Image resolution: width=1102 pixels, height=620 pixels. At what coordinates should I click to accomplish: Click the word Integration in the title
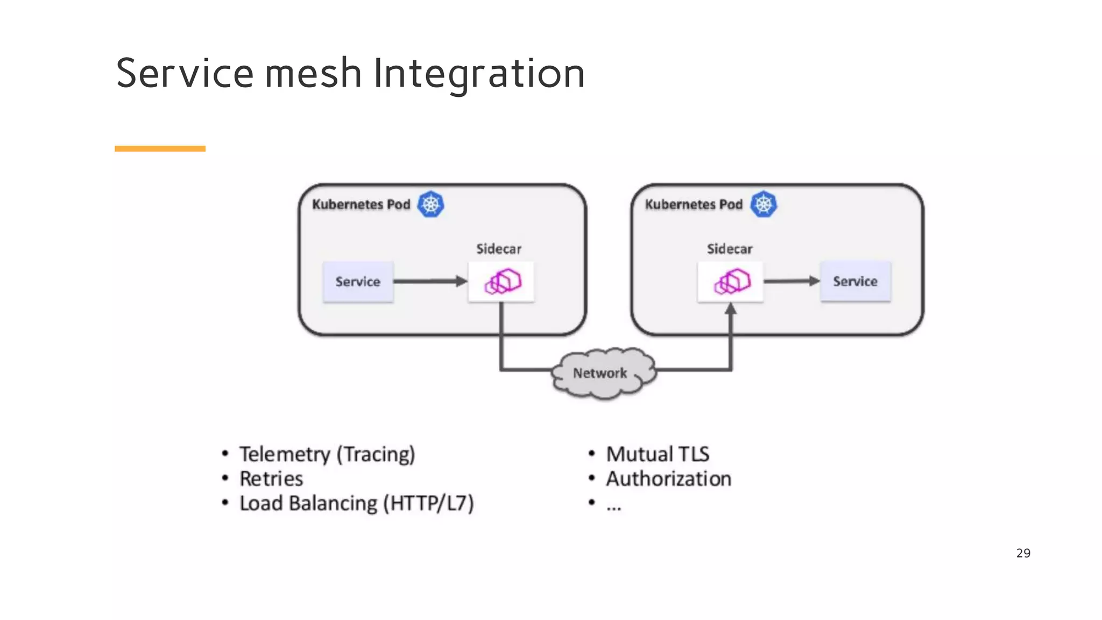pyautogui.click(x=478, y=74)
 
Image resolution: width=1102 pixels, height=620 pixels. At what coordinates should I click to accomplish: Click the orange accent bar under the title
pyautogui.click(x=160, y=149)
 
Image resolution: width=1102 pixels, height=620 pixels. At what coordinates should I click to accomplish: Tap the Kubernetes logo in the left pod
pyautogui.click(x=431, y=205)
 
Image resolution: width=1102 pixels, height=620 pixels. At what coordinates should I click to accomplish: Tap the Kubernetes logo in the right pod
pyautogui.click(x=764, y=205)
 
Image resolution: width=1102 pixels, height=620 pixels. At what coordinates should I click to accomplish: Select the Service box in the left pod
pyautogui.click(x=358, y=281)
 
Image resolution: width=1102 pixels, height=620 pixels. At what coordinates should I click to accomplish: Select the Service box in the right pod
pyautogui.click(x=855, y=281)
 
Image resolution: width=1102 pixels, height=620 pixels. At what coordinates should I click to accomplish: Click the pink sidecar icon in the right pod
pyautogui.click(x=731, y=281)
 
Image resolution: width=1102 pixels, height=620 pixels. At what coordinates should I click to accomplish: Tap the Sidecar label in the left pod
pyautogui.click(x=498, y=249)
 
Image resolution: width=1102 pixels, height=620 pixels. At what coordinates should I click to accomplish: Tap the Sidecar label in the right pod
pyautogui.click(x=729, y=249)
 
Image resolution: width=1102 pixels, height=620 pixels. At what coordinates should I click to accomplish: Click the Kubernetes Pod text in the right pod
pyautogui.click(x=694, y=205)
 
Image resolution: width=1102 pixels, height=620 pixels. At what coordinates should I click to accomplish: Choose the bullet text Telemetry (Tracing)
pyautogui.click(x=327, y=454)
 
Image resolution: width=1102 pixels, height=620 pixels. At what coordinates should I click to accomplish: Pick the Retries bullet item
pyautogui.click(x=271, y=479)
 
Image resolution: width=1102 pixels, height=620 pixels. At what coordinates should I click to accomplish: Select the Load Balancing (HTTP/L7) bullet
pyautogui.click(x=356, y=504)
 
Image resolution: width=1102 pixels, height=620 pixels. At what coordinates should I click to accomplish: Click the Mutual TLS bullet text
pyautogui.click(x=658, y=454)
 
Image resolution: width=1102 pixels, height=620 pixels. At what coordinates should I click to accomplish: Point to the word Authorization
pyautogui.click(x=669, y=479)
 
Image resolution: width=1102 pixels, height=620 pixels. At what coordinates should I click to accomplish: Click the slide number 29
pyautogui.click(x=1023, y=553)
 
